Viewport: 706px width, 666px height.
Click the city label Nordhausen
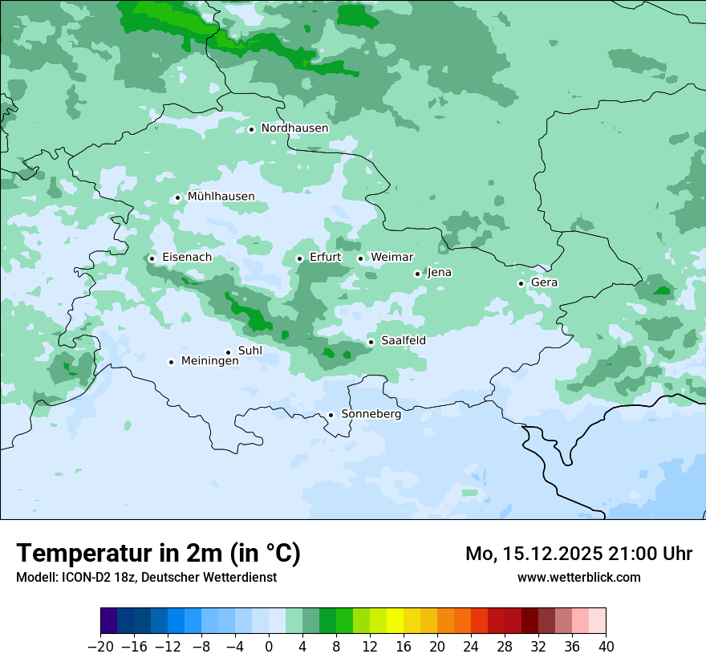pyautogui.click(x=294, y=128)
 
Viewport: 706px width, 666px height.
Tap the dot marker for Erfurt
pyautogui.click(x=299, y=258)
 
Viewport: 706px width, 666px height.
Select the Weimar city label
pyautogui.click(x=392, y=258)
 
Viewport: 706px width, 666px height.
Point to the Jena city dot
pyautogui.click(x=417, y=274)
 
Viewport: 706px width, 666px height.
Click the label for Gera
pyautogui.click(x=544, y=282)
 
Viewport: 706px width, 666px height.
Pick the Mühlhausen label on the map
pyautogui.click(x=221, y=197)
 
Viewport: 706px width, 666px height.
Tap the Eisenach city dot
pyautogui.click(x=152, y=258)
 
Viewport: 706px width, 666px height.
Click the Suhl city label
pyautogui.click(x=250, y=351)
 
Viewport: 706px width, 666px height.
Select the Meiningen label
pyautogui.click(x=209, y=361)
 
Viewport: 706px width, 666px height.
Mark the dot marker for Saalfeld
pyautogui.click(x=371, y=342)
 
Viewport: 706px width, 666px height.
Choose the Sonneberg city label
pyautogui.click(x=371, y=414)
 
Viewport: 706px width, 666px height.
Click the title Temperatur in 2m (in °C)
pyautogui.click(x=158, y=554)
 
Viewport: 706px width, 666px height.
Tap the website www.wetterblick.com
pyautogui.click(x=578, y=577)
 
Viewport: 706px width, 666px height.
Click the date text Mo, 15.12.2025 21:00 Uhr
pyautogui.click(x=578, y=554)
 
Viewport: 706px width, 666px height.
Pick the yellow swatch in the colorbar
pyautogui.click(x=395, y=621)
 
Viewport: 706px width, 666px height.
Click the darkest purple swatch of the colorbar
pyautogui.click(x=109, y=621)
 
